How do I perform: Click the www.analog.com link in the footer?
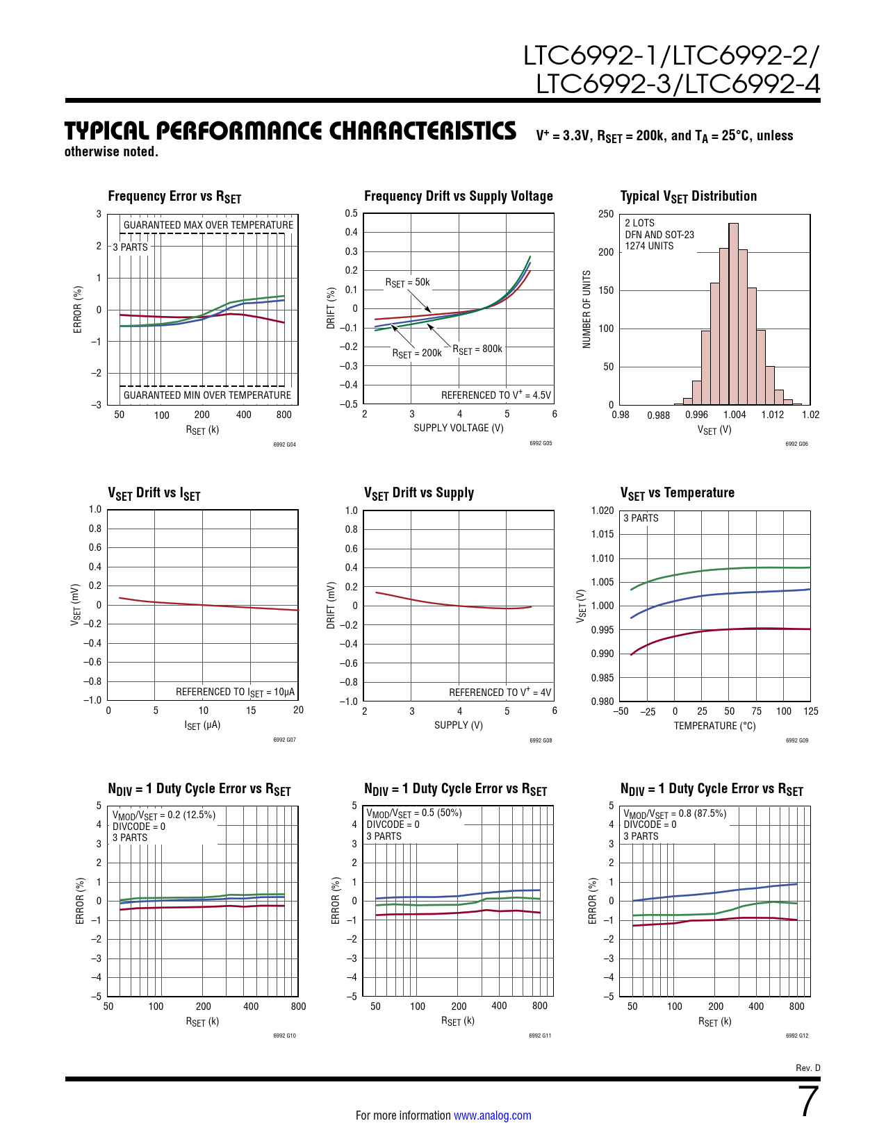point(492,1115)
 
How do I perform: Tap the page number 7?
point(808,1102)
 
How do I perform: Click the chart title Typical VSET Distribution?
point(688,197)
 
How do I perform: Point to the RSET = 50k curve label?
point(408,283)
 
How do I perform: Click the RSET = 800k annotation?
point(477,349)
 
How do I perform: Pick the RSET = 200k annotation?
point(417,354)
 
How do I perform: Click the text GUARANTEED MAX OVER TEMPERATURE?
point(208,225)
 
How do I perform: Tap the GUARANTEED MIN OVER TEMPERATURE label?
point(207,395)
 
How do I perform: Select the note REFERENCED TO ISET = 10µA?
point(235,692)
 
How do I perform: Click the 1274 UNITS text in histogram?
point(649,246)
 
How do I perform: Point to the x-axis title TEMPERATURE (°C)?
point(714,726)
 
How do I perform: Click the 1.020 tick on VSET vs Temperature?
point(602,510)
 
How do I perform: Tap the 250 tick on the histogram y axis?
point(606,214)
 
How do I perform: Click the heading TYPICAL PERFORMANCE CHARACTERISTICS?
point(290,131)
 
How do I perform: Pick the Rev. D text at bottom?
point(807,1068)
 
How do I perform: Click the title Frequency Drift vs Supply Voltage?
point(459,197)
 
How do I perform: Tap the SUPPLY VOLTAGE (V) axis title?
point(459,428)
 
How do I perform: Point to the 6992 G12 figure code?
point(796,1036)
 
